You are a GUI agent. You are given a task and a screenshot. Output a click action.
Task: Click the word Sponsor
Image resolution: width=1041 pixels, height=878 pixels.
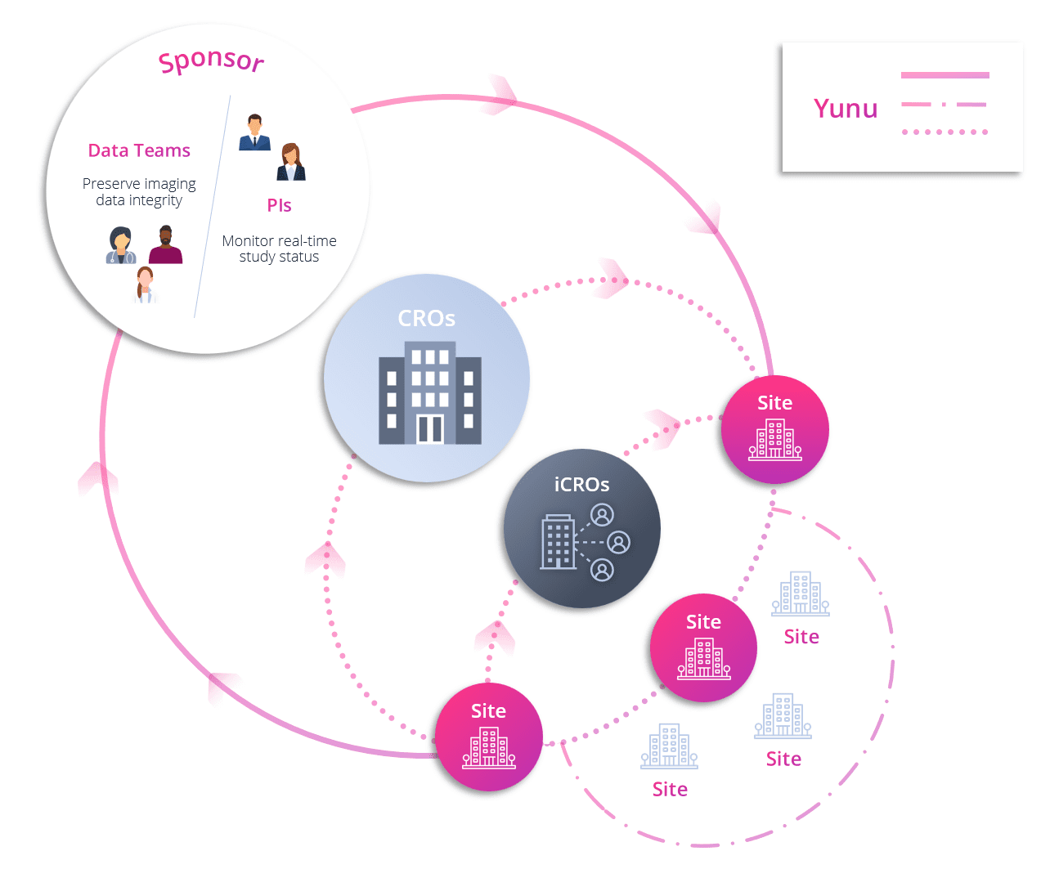tap(211, 60)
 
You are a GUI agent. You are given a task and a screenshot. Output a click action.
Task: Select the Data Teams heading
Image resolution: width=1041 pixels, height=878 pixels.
tap(139, 150)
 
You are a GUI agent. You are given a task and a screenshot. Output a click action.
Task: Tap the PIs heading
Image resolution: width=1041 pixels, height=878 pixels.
tap(279, 205)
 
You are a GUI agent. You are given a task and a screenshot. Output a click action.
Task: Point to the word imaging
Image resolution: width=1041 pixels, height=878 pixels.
tap(169, 184)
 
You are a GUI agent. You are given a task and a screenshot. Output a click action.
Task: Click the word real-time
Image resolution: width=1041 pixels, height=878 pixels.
tap(307, 241)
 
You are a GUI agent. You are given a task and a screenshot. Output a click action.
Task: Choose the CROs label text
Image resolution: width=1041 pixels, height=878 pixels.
tap(426, 318)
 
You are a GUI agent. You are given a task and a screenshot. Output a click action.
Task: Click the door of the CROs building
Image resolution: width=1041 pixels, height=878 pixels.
tap(429, 428)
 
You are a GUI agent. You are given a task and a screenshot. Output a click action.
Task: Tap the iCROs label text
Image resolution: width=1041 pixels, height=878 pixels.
tap(581, 485)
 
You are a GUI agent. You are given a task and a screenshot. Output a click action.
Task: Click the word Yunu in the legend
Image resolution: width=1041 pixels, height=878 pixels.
tap(846, 109)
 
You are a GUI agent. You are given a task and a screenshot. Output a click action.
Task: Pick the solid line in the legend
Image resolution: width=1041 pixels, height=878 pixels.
tap(945, 75)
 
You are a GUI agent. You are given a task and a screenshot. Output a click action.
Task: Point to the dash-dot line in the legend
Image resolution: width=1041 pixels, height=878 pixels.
tap(945, 105)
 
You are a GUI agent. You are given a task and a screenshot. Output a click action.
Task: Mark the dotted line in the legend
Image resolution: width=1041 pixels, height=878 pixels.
tap(945, 132)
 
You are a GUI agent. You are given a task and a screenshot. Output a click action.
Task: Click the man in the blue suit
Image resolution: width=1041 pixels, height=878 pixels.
tap(254, 132)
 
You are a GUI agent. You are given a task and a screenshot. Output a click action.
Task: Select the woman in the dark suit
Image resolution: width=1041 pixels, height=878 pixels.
tap(290, 162)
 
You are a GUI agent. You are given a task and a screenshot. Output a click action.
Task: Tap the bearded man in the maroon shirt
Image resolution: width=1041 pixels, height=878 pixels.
tap(165, 245)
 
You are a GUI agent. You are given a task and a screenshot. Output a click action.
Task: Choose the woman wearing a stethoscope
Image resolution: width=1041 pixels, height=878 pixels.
tap(121, 245)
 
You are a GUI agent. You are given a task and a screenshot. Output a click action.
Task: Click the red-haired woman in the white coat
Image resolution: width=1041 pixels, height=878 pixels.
tap(145, 284)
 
